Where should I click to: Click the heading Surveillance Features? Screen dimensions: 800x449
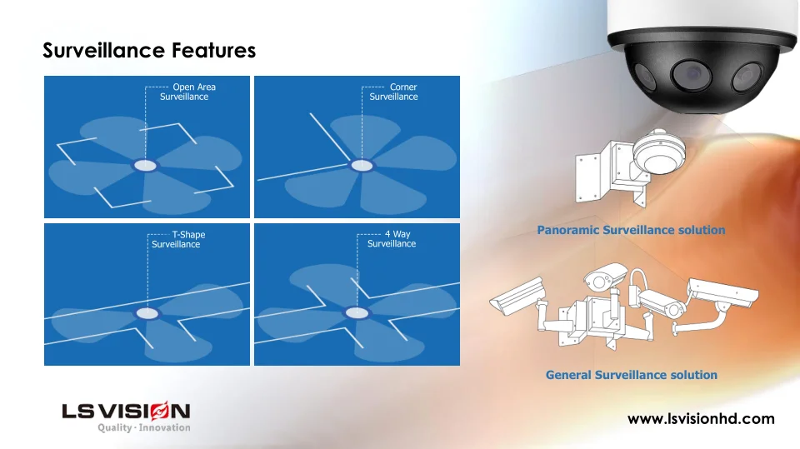coord(149,51)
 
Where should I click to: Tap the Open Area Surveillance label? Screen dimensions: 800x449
coord(187,92)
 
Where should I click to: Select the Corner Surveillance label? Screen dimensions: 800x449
coord(393,92)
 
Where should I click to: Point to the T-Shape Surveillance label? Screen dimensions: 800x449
coord(178,239)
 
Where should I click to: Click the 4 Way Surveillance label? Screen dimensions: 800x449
coord(392,239)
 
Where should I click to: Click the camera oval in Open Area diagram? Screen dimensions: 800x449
coord(145,165)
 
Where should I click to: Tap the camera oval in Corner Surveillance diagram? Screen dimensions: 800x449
coord(362,165)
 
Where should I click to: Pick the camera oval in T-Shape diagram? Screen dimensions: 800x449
coord(147,313)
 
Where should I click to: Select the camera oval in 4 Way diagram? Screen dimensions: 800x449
coord(357,313)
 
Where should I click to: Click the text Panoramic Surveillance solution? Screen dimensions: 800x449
coord(631,230)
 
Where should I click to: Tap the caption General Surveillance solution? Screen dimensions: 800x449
coord(632,375)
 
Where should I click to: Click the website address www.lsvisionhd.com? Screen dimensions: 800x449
coord(701,419)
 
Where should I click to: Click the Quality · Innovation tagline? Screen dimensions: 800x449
coord(144,427)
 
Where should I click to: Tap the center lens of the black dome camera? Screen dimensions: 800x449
coord(691,74)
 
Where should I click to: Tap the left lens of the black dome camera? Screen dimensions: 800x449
coord(644,77)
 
